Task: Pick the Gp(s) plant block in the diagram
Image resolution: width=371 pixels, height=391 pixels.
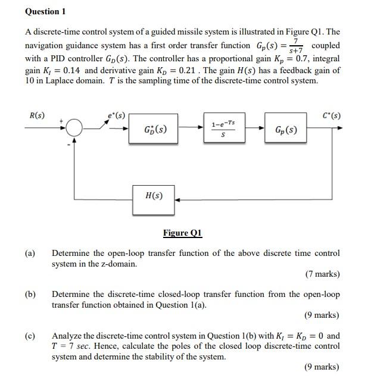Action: pyautogui.click(x=286, y=129)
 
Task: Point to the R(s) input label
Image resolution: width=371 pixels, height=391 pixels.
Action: pyautogui.click(x=36, y=114)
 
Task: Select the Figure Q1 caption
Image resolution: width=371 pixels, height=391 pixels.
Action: pyautogui.click(x=182, y=233)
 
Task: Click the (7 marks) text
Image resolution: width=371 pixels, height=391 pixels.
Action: pyautogui.click(x=322, y=274)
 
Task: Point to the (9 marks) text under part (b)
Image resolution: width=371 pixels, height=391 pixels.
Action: pyautogui.click(x=322, y=315)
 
